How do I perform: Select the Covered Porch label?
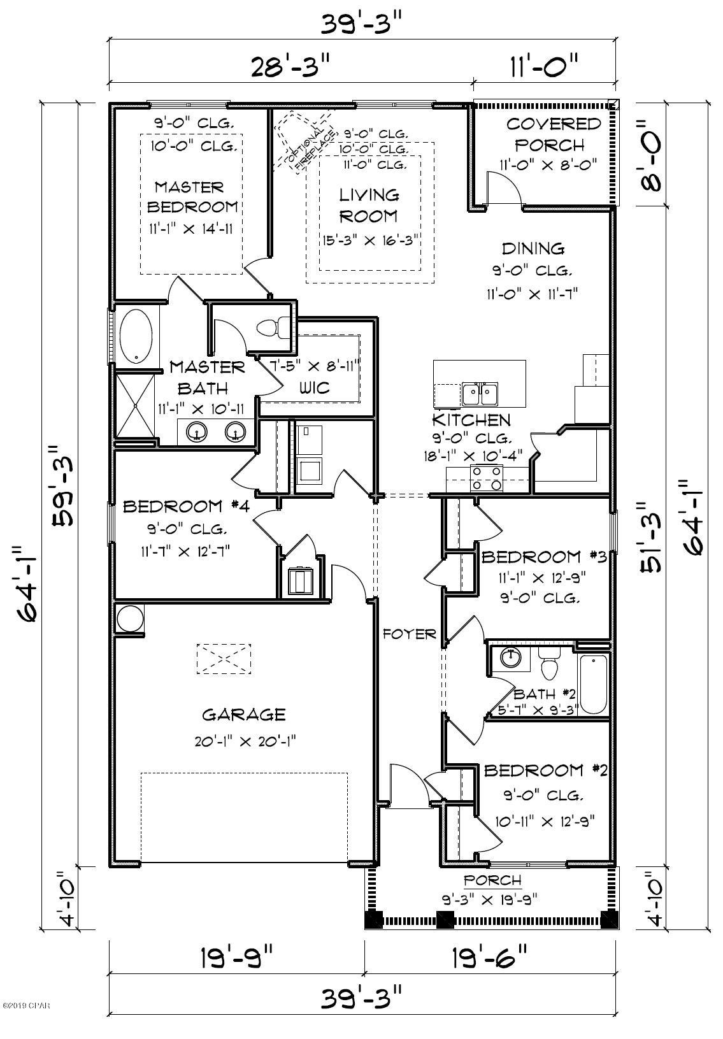pyautogui.click(x=554, y=133)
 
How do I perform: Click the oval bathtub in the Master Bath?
pyautogui.click(x=136, y=336)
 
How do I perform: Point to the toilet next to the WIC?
pyautogui.click(x=272, y=328)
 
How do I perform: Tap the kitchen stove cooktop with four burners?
pyautogui.click(x=486, y=478)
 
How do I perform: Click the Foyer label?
pyautogui.click(x=409, y=634)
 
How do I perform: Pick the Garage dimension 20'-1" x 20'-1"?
pyautogui.click(x=243, y=742)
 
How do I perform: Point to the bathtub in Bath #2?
pyautogui.click(x=593, y=685)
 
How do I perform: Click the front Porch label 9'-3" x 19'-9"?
pyautogui.click(x=492, y=889)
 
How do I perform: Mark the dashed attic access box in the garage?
pyautogui.click(x=224, y=658)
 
